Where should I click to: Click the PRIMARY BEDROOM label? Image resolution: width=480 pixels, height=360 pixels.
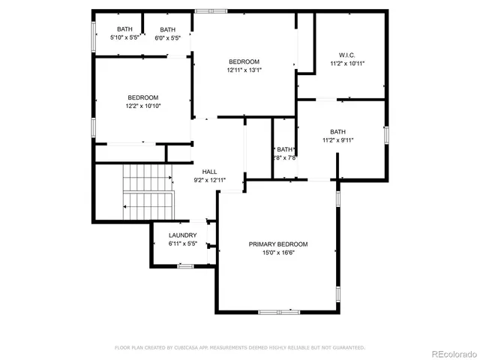pyautogui.click(x=278, y=244)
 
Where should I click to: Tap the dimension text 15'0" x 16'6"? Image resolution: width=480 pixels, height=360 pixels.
pyautogui.click(x=278, y=253)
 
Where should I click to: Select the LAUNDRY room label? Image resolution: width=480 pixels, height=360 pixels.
pyautogui.click(x=182, y=235)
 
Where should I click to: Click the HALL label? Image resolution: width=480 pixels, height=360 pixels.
pyautogui.click(x=209, y=172)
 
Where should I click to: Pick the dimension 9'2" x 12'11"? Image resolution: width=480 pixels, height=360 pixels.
pyautogui.click(x=209, y=180)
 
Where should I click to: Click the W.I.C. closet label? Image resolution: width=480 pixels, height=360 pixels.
pyautogui.click(x=346, y=55)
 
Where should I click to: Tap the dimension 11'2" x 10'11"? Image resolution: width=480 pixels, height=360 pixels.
pyautogui.click(x=346, y=64)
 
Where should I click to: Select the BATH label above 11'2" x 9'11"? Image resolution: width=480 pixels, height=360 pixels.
pyautogui.click(x=338, y=131)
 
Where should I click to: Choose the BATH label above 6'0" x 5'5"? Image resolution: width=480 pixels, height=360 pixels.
pyautogui.click(x=167, y=29)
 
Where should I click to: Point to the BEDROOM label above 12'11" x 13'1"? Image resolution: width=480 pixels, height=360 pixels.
pyautogui.click(x=244, y=61)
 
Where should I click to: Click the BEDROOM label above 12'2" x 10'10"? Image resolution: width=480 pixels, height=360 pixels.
pyautogui.click(x=142, y=97)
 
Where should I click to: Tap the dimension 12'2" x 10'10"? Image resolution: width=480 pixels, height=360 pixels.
pyautogui.click(x=142, y=106)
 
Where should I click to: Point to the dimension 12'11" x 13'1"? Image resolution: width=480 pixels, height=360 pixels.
pyautogui.click(x=244, y=70)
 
